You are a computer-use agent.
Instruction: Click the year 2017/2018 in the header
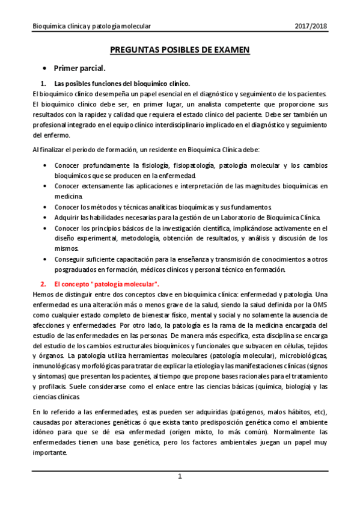[x=311, y=26]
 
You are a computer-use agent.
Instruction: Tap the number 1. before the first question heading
[x=43, y=83]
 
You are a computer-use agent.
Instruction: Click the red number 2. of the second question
[x=43, y=283]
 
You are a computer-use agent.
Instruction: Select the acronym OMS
[x=317, y=304]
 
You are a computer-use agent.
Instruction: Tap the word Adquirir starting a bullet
[x=67, y=217]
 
